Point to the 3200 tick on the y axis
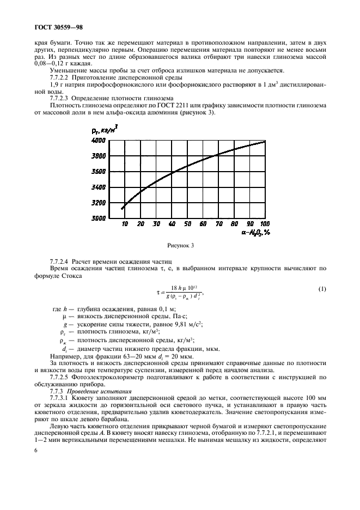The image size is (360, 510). pyautogui.click(x=98, y=203)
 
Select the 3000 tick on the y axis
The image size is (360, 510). pyautogui.click(x=98, y=218)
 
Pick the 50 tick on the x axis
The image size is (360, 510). pyautogui.click(x=187, y=224)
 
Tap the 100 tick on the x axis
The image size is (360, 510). pyautogui.click(x=265, y=224)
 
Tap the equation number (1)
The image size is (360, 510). pyautogui.click(x=322, y=288)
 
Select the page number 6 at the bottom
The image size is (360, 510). pyautogui.click(x=35, y=451)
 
